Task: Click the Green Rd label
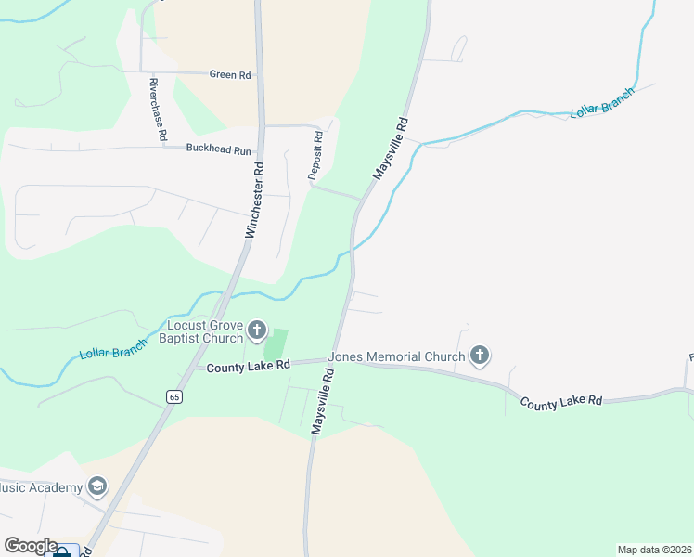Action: [230, 75]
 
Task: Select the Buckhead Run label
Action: [219, 149]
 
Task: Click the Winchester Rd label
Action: [255, 201]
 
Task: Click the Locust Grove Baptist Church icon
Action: [257, 330]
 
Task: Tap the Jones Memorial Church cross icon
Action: [479, 355]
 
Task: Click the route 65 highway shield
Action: [173, 396]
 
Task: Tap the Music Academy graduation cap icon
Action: [97, 486]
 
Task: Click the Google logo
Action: [32, 546]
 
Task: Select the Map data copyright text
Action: [655, 550]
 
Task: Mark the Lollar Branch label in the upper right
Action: [601, 101]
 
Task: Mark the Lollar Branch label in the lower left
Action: [113, 350]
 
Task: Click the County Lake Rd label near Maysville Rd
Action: [249, 368]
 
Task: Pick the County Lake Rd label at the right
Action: [561, 402]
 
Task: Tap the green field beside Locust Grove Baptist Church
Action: [276, 345]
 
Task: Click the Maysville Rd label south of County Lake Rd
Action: [322, 400]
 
